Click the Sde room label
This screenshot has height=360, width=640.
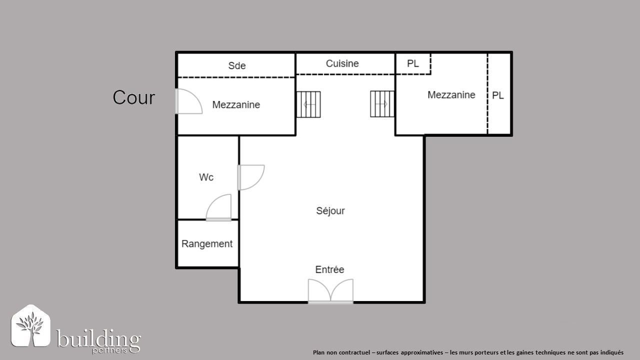(x=236, y=65)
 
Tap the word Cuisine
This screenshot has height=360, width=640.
(x=342, y=63)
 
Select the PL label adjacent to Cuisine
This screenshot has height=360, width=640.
(x=412, y=63)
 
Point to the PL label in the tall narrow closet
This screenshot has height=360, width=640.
(x=498, y=95)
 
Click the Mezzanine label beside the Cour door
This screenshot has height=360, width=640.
(x=236, y=104)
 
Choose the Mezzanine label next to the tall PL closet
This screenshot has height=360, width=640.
(x=451, y=94)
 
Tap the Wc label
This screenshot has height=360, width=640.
(x=206, y=177)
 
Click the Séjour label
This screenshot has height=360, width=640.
(x=330, y=210)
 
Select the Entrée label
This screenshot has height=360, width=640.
(x=329, y=269)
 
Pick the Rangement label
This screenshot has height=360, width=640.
(x=207, y=244)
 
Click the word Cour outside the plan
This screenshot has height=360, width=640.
(x=133, y=97)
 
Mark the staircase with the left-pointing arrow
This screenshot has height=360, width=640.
(x=308, y=104)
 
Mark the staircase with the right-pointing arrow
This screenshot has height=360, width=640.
(x=382, y=104)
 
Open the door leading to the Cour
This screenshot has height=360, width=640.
(x=188, y=101)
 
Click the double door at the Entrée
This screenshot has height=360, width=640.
(x=330, y=291)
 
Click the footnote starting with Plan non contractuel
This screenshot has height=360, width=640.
(x=468, y=352)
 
